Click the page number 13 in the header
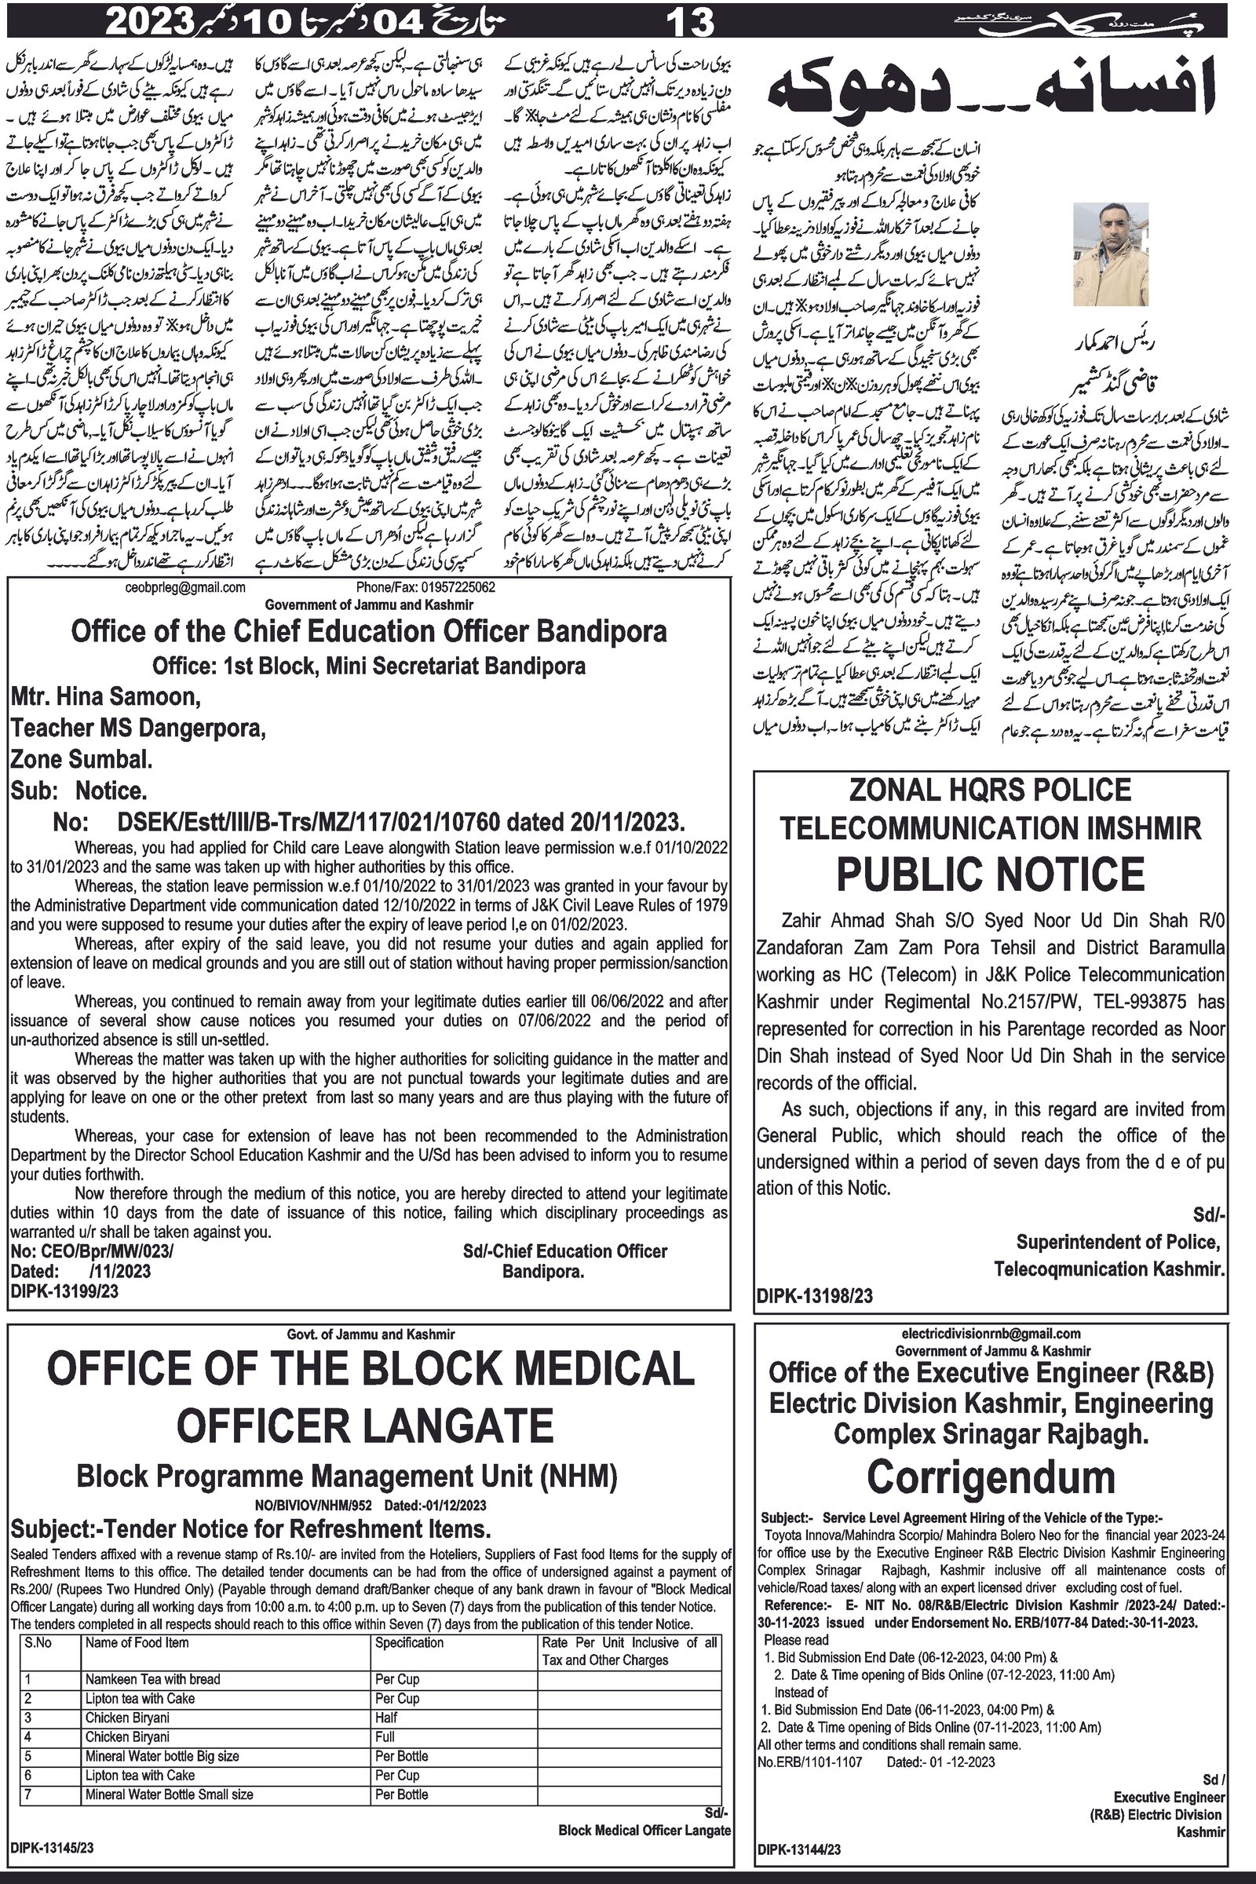tap(690, 20)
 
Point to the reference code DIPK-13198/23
tap(814, 1295)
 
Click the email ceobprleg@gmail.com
tap(185, 587)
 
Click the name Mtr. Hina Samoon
tap(104, 696)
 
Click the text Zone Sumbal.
tap(82, 758)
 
